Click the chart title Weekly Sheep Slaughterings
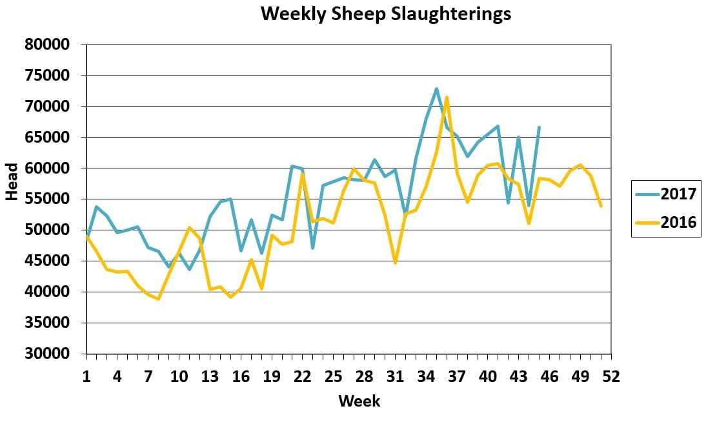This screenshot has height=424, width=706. pyautogui.click(x=385, y=14)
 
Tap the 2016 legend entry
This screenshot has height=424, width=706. pyautogui.click(x=677, y=223)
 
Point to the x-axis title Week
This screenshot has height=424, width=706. pyautogui.click(x=359, y=401)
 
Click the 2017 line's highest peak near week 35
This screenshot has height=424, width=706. pyautogui.click(x=436, y=89)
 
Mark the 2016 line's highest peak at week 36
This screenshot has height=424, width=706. pyautogui.click(x=447, y=97)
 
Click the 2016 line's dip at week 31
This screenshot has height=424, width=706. pyautogui.click(x=395, y=263)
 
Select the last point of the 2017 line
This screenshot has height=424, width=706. pyautogui.click(x=539, y=128)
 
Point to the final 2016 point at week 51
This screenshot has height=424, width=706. pyautogui.click(x=601, y=206)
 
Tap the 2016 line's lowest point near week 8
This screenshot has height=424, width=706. pyautogui.click(x=158, y=299)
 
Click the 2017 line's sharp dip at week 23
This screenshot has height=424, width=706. pyautogui.click(x=312, y=248)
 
